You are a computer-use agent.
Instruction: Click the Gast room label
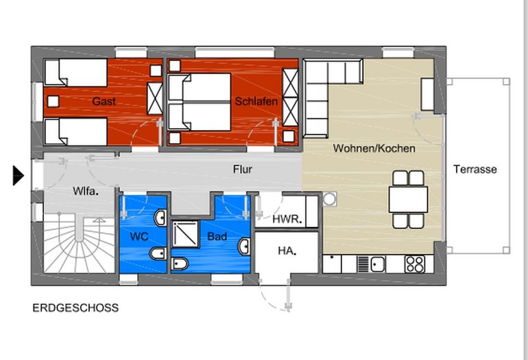click(104, 101)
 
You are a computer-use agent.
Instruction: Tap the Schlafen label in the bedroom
click(256, 101)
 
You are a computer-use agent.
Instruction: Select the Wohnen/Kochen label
click(374, 148)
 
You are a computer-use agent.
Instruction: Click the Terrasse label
click(475, 169)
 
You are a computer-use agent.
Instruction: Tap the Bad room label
click(217, 237)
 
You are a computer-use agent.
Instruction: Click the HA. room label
click(287, 251)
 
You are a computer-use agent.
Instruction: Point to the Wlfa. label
click(86, 191)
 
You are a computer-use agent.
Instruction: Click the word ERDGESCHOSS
click(75, 308)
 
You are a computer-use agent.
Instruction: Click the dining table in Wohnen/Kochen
click(408, 199)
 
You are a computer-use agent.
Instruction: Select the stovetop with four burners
click(414, 263)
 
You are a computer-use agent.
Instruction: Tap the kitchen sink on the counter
click(378, 263)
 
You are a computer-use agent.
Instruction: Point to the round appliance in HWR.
click(331, 199)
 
